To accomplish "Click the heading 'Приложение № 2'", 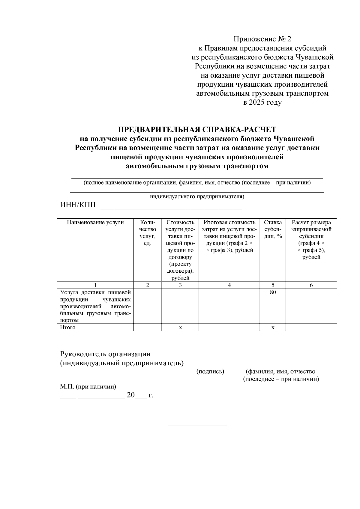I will click(x=262, y=39).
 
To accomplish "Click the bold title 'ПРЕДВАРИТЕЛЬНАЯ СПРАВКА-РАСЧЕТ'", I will click(x=197, y=130).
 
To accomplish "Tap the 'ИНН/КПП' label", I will click(x=78, y=205).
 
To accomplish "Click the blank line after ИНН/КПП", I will click(x=171, y=207).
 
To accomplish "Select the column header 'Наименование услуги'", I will click(x=95, y=223).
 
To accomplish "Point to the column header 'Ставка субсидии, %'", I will click(x=273, y=229).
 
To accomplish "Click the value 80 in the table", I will click(x=273, y=292).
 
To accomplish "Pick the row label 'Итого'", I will click(x=68, y=327).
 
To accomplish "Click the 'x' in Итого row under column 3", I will click(x=180, y=328).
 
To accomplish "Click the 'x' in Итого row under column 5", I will click(x=273, y=328).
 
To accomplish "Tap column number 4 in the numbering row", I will click(x=229, y=285).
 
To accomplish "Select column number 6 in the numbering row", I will click(x=311, y=285).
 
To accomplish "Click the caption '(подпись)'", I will click(x=210, y=372).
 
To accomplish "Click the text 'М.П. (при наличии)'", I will click(x=88, y=387).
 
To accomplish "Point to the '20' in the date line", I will click(x=131, y=395).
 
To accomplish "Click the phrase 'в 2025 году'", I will click(x=262, y=103).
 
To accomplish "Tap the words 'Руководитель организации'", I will click(x=105, y=354).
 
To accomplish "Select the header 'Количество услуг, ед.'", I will click(x=147, y=233).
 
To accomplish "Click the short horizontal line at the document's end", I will click(x=197, y=426).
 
